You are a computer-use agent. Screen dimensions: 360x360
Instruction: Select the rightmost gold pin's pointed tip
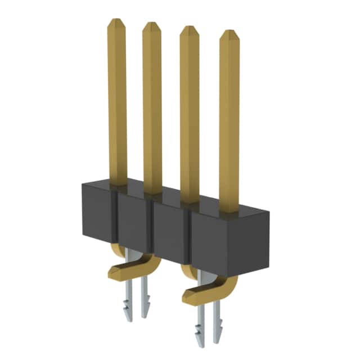click(x=229, y=35)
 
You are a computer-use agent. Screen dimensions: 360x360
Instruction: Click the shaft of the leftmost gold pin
click(x=117, y=101)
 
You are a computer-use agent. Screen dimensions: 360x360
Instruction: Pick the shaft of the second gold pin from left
click(x=152, y=107)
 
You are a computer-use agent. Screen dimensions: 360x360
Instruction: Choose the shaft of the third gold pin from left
click(x=190, y=112)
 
